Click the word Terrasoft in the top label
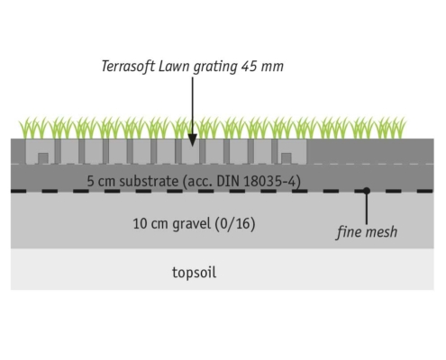tap(128, 67)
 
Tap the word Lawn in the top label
tap(174, 67)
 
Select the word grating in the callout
tap(215, 67)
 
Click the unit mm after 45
tap(272, 67)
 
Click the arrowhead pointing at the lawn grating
tap(193, 140)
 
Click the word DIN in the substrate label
tap(228, 181)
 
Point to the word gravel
tap(192, 224)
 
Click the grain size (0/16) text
tap(235, 224)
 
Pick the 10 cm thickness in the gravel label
tap(150, 224)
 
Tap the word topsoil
tap(194, 273)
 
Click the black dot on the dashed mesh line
tap(367, 191)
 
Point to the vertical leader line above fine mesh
tap(367, 209)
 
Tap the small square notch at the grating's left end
tap(43, 158)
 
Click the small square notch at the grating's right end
tap(287, 158)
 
